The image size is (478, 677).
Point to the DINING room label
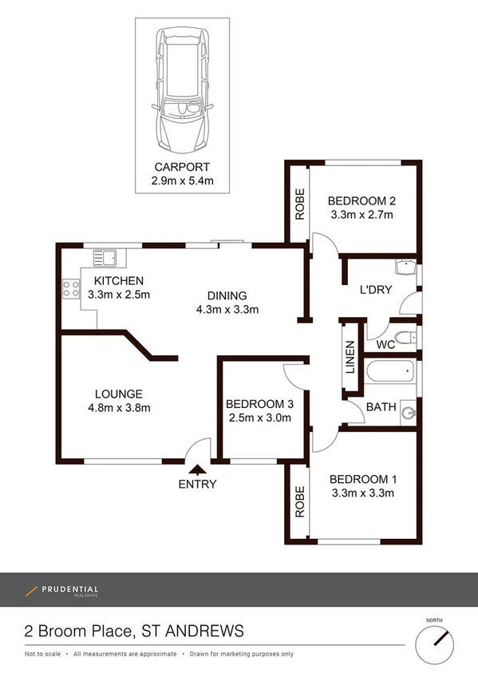click(227, 295)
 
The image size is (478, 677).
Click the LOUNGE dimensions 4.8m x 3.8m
click(118, 408)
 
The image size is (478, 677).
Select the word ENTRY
click(197, 484)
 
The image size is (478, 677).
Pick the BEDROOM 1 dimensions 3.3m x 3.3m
click(362, 493)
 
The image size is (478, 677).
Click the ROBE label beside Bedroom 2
click(300, 204)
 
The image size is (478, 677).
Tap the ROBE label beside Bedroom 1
click(299, 503)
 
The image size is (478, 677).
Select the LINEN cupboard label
click(350, 358)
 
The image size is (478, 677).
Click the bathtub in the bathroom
click(390, 371)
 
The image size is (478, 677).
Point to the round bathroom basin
click(409, 412)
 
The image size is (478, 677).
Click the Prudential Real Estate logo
click(62, 592)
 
